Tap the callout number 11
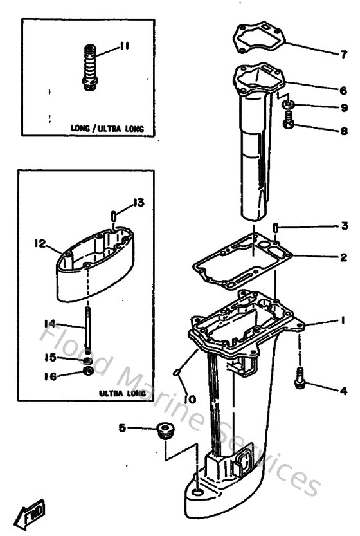[x=124, y=46]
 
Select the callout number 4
[x=345, y=389]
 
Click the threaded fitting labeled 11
[x=91, y=64]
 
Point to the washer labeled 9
[x=290, y=104]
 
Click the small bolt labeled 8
[x=290, y=119]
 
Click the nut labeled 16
[x=87, y=373]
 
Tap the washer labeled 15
[x=87, y=358]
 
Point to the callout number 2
[x=345, y=257]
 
